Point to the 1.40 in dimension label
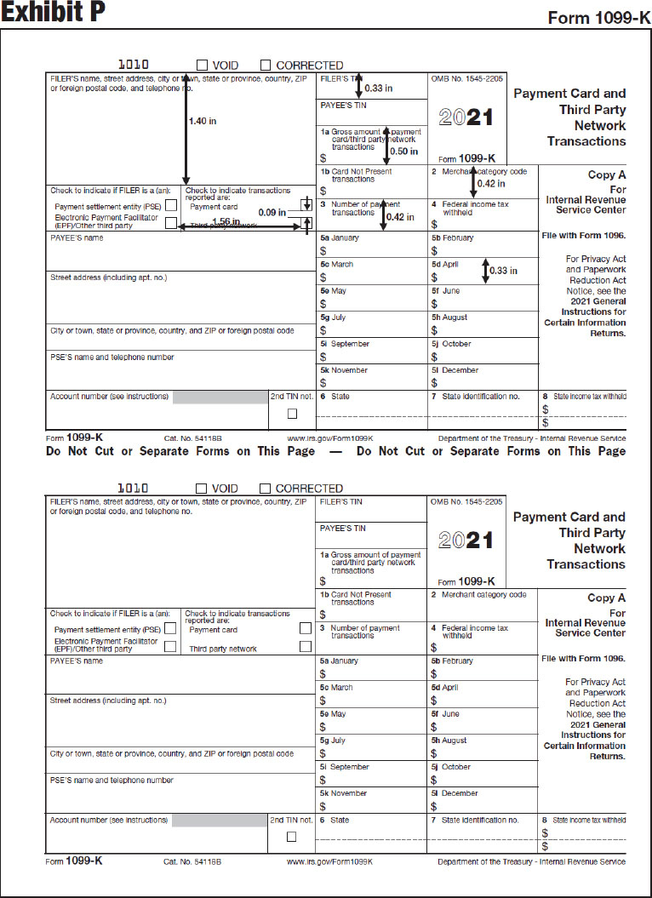(202, 122)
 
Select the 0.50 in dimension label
(403, 152)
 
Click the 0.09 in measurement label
(272, 212)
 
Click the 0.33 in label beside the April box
(503, 271)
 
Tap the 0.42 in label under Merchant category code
(491, 183)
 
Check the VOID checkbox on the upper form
(202, 65)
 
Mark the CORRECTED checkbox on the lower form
(265, 488)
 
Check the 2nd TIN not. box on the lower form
(292, 837)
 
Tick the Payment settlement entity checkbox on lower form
(170, 629)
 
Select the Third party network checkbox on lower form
(306, 647)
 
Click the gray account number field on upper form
(220, 397)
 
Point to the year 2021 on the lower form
(466, 540)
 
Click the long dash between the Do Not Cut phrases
(335, 451)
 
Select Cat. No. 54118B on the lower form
(192, 861)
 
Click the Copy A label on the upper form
(607, 174)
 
